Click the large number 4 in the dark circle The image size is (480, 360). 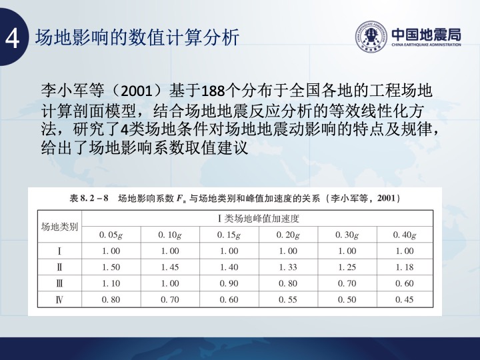point(13,39)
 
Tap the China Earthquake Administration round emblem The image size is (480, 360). point(371,37)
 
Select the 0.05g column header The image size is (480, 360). point(111,235)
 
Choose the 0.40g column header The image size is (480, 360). point(405,235)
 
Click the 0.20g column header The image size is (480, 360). point(288,235)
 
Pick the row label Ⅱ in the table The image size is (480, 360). point(59,267)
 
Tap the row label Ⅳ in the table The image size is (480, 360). point(59,299)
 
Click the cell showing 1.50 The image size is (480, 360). point(111,267)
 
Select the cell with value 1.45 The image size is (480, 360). point(170,267)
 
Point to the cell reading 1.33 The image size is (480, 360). point(288,267)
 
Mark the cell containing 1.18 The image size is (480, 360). point(405,267)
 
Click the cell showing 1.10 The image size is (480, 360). point(111,283)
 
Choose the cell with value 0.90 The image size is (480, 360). point(229,283)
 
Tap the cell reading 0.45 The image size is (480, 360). point(405,299)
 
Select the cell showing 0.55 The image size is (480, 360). point(288,299)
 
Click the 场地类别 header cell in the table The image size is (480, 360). point(59,227)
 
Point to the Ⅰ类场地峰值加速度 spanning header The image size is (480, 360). point(259,218)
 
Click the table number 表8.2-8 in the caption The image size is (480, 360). point(89,199)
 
